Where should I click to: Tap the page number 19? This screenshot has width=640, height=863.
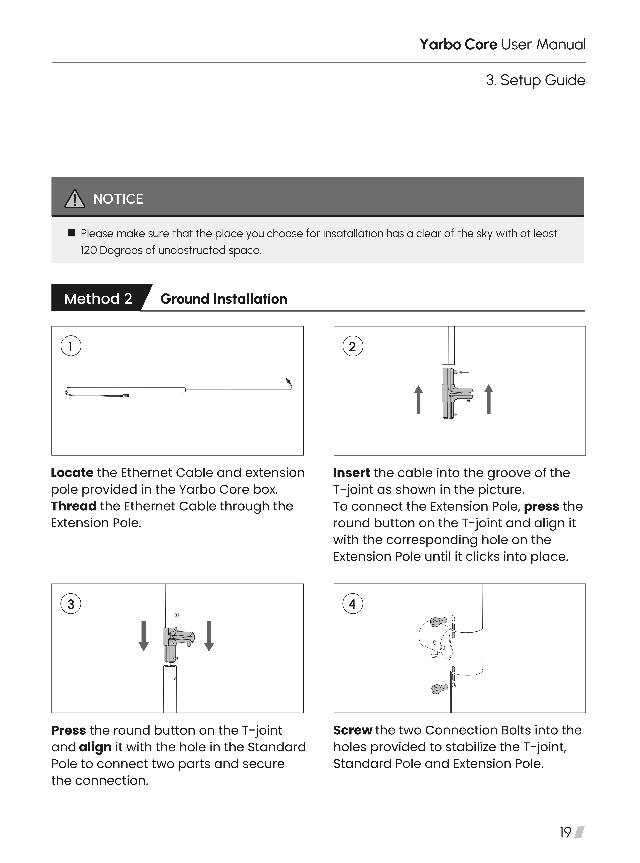click(565, 832)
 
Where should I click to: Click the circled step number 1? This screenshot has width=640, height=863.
click(71, 346)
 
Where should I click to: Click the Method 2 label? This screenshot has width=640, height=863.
click(98, 299)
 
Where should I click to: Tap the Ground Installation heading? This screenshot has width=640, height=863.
click(224, 299)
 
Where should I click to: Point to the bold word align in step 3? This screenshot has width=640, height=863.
click(95, 747)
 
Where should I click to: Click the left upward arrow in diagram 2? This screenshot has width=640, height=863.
click(418, 399)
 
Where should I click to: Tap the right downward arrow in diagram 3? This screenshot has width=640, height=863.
click(209, 636)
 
